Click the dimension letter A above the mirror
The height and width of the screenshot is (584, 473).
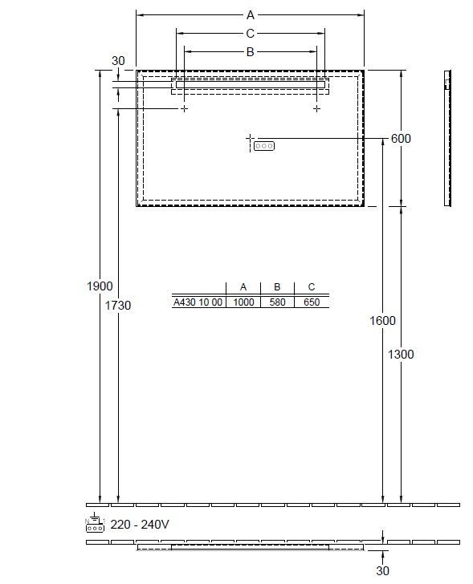coord(250,15)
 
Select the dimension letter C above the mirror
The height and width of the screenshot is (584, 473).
coord(250,34)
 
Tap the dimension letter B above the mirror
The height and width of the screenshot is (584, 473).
coord(250,52)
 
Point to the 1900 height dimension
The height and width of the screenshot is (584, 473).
coord(100,286)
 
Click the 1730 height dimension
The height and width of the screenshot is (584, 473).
coord(118,306)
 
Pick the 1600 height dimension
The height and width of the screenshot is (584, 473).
coord(382,320)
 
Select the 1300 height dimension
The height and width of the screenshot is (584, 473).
coord(401,355)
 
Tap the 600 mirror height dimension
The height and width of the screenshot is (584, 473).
coord(401,139)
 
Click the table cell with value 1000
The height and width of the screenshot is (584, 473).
coord(243,302)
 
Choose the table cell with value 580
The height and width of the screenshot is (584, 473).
coord(277,302)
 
